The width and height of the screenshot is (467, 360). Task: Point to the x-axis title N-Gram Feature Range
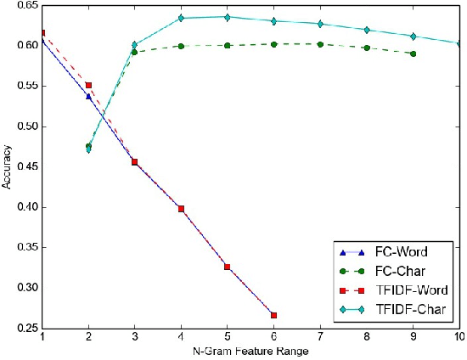[250, 351]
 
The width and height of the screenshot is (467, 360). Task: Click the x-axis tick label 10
[459, 337]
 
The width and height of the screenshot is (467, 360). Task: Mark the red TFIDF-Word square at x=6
[273, 315]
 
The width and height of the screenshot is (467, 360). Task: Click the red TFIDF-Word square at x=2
[88, 86]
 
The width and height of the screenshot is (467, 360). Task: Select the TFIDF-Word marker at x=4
[181, 208]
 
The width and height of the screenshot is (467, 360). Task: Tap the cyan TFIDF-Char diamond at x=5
[227, 17]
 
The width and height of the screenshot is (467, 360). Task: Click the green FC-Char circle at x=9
[413, 53]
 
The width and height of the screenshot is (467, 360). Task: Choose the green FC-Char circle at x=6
[273, 44]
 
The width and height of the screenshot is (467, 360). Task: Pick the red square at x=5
[227, 267]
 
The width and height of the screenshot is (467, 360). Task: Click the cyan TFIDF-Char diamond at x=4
[181, 18]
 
